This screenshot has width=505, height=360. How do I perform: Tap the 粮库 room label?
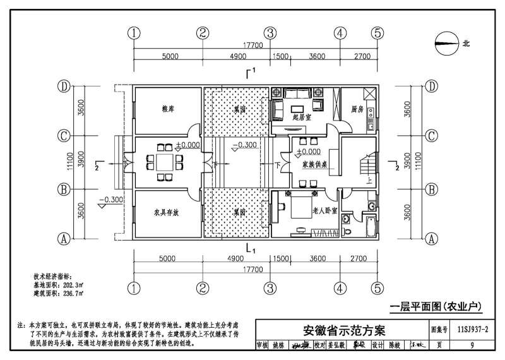tap(167, 109)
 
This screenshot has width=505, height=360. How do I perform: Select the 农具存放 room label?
tap(167, 213)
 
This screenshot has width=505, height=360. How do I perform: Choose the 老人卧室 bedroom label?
tap(324, 210)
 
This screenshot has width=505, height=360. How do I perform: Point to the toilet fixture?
tap(346, 219)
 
